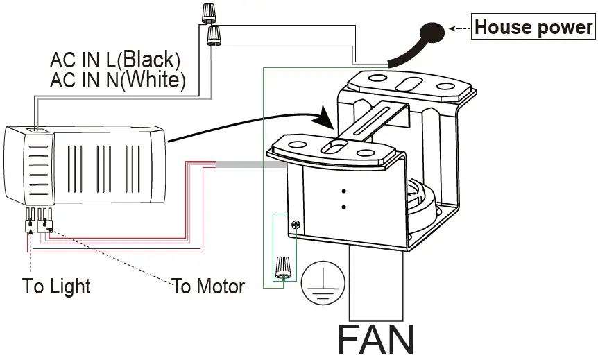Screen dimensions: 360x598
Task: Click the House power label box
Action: point(533,28)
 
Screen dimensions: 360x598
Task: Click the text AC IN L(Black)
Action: point(115,60)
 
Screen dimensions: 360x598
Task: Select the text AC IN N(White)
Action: point(118,80)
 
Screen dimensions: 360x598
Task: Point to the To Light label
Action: point(56,286)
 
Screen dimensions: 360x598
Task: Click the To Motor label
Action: point(208,286)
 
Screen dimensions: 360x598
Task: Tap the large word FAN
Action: point(375,340)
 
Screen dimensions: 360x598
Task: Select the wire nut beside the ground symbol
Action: point(282,267)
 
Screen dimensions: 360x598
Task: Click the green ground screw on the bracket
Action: point(296,225)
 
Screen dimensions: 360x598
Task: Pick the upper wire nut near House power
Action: point(207,12)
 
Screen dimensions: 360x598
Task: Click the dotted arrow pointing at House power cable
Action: point(460,28)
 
